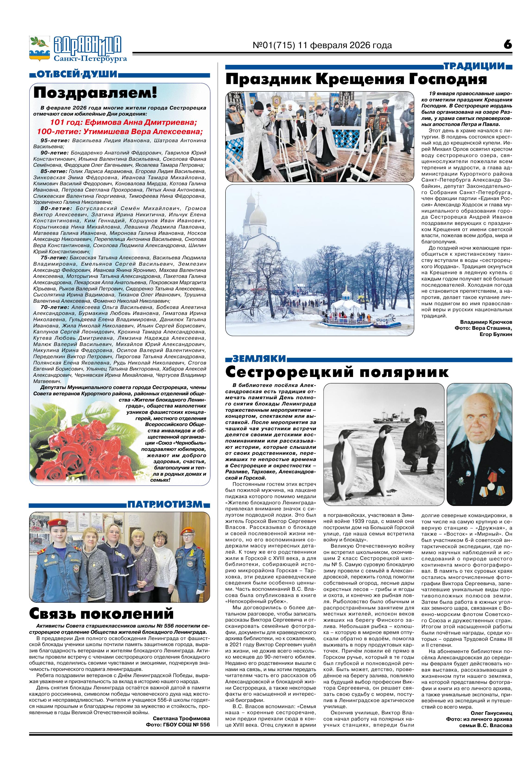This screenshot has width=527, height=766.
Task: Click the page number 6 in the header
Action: point(508,44)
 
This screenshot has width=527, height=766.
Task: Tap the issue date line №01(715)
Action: point(322,45)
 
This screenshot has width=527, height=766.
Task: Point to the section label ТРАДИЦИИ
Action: point(474,66)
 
